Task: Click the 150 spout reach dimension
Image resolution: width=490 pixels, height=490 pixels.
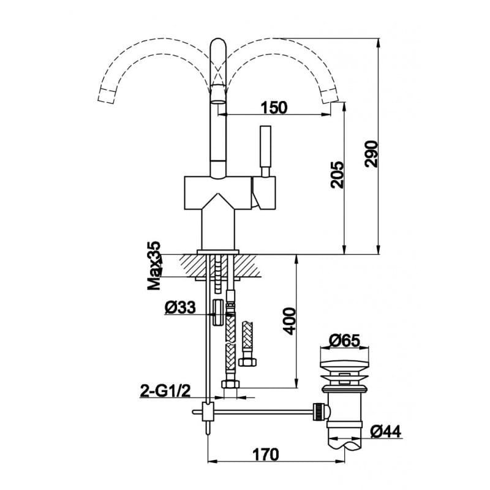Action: pyautogui.click(x=274, y=108)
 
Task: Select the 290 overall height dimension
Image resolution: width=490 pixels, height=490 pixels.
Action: pyautogui.click(x=372, y=154)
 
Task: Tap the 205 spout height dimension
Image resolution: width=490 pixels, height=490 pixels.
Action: pyautogui.click(x=337, y=175)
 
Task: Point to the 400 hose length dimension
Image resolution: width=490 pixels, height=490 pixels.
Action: pyautogui.click(x=288, y=321)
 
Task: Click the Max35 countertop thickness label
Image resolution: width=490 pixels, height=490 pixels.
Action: pyautogui.click(x=154, y=266)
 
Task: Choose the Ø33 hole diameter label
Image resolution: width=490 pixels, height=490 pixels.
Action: pyautogui.click(x=180, y=307)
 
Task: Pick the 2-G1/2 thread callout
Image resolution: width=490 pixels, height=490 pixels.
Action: pyautogui.click(x=165, y=391)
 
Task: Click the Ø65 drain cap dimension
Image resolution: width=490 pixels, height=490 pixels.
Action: pyautogui.click(x=344, y=341)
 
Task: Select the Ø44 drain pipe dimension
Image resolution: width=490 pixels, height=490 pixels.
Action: pyautogui.click(x=385, y=432)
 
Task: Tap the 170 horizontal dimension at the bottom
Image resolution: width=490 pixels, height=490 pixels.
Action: pyautogui.click(x=266, y=454)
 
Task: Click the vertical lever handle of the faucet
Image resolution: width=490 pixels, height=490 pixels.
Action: pyautogui.click(x=265, y=151)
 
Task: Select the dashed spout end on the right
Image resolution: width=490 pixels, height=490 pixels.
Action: pyautogui.click(x=330, y=96)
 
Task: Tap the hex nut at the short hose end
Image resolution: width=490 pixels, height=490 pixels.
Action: pyautogui.click(x=247, y=362)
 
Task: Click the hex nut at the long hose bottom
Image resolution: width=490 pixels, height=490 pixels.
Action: pyautogui.click(x=230, y=384)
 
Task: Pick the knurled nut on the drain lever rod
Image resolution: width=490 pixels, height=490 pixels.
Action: pyautogui.click(x=317, y=412)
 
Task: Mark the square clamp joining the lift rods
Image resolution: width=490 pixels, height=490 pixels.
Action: pyautogui.click(x=208, y=412)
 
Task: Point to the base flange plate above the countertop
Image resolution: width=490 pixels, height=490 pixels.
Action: pyautogui.click(x=218, y=252)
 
